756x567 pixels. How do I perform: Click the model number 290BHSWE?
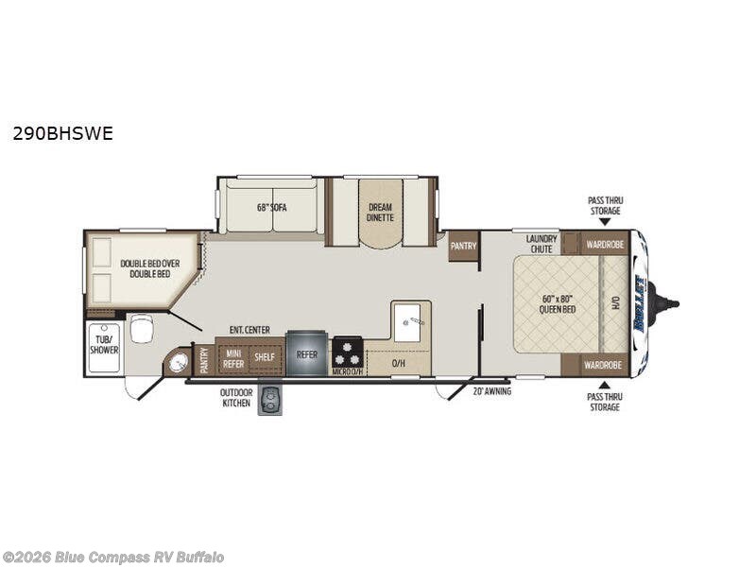point(62,133)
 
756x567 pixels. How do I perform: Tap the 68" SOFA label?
point(270,207)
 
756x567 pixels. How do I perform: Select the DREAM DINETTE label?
point(380,212)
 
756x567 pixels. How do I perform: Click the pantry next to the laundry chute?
point(464,246)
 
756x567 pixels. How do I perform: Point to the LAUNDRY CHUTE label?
point(541,243)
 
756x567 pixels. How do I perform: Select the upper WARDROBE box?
point(604,243)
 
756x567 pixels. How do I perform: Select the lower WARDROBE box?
point(601,364)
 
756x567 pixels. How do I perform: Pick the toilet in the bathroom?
point(142,329)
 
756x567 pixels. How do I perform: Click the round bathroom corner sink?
point(177,362)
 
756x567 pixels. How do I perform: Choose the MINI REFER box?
point(232,357)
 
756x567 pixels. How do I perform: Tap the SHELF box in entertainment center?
point(265,357)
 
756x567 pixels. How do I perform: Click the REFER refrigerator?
point(307,354)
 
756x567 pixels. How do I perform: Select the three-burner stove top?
point(348,353)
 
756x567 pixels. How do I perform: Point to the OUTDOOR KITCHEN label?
point(236,397)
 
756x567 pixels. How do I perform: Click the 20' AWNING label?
point(491,390)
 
